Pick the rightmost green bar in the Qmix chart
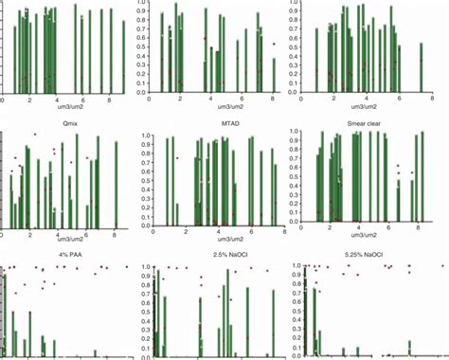(x=116, y=184)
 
